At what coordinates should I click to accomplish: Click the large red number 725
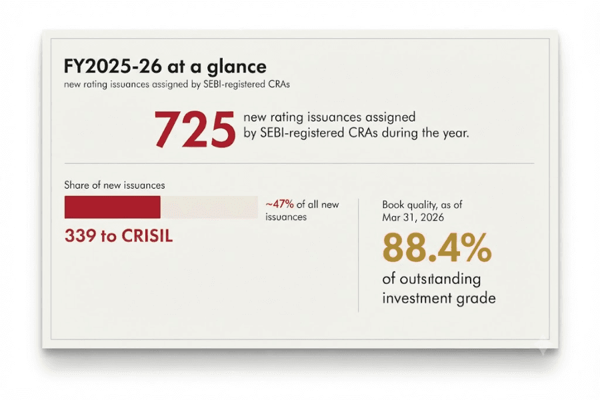point(195,129)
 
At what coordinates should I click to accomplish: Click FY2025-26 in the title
point(113,66)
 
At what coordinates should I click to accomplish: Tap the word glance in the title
point(237,67)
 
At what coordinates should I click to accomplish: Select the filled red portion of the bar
point(113,207)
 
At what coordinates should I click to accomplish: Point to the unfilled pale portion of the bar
point(209,207)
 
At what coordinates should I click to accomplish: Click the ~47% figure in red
point(280,205)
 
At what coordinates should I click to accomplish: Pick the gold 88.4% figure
point(437,247)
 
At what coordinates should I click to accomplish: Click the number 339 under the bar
point(80,236)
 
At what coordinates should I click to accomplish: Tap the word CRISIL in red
point(147,236)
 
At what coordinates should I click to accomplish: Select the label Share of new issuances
point(115,185)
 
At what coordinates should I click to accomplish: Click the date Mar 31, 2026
point(413,217)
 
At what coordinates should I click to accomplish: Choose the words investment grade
point(439,298)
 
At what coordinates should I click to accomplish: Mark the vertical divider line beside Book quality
point(359,255)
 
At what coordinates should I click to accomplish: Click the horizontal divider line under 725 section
point(299,163)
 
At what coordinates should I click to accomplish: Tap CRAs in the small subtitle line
point(279,84)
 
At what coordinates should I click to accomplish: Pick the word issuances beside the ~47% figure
point(286,217)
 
